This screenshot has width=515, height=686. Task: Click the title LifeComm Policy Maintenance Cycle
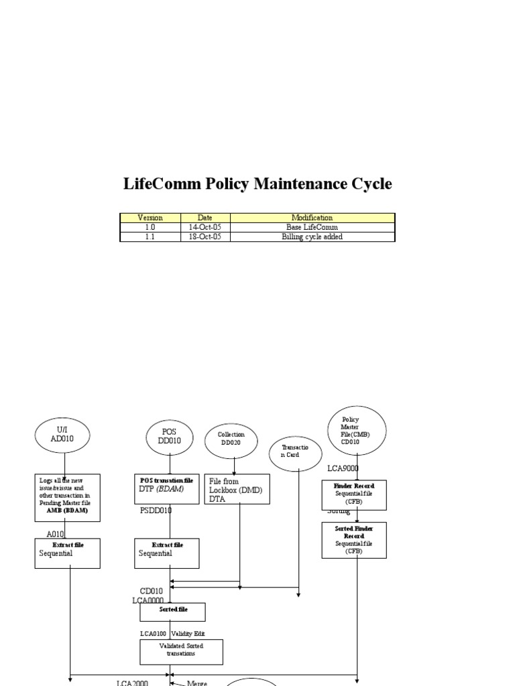257,184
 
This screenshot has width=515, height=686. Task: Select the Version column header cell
150,218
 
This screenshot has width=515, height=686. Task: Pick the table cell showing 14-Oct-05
205,227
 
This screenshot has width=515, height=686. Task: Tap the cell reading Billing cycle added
312,236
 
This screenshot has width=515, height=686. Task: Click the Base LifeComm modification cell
312,227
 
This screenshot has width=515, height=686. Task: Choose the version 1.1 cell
150,236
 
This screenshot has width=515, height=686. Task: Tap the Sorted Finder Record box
355,540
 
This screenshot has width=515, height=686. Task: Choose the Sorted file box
172,612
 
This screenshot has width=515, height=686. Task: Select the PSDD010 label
156,510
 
